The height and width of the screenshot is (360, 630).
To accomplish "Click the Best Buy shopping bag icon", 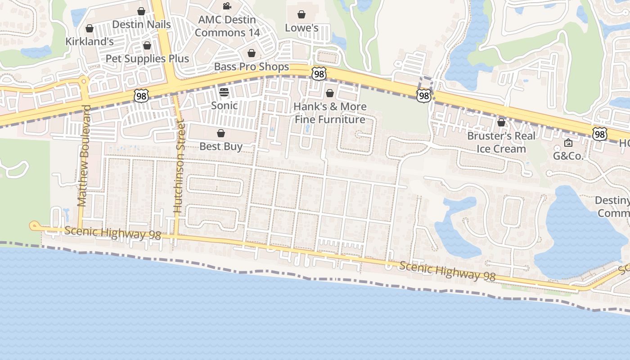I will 221,133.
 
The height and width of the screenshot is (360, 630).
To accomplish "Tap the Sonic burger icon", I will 224,92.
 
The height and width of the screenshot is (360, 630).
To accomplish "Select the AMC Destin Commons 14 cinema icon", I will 227,6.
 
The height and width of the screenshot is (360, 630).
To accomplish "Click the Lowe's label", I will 301,28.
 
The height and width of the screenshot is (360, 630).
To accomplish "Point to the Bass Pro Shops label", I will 252,67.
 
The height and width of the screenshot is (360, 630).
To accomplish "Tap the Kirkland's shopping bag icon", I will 90,29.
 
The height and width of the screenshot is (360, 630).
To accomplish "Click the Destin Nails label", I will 141,24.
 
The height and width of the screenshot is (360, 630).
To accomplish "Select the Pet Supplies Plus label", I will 147,58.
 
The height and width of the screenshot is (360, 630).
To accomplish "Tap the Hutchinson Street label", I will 179,166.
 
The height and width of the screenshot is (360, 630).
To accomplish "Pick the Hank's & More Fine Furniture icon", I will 330,93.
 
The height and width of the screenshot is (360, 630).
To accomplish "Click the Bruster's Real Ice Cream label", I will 501,142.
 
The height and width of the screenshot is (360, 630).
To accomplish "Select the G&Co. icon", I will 568,143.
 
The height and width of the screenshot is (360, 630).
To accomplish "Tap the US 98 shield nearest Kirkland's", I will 141,95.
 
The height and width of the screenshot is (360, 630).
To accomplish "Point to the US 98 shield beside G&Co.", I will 599,134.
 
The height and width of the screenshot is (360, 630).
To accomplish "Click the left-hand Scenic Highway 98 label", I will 112,233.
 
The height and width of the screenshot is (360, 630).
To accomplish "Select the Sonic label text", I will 224,105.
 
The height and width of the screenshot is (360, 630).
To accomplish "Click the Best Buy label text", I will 221,146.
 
